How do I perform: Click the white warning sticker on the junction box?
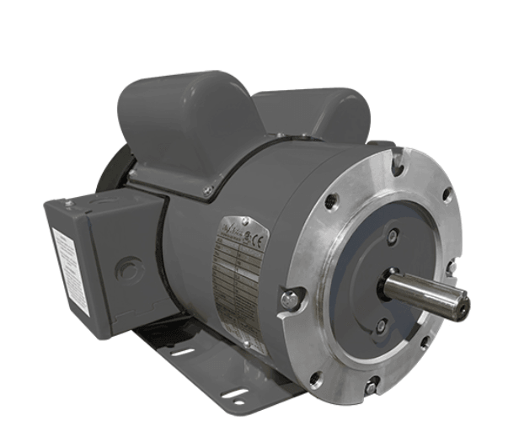coord(70,269)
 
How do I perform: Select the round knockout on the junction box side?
coord(128,272)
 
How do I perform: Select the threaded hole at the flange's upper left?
coord(332,201)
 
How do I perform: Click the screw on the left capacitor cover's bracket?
coord(207,192)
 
